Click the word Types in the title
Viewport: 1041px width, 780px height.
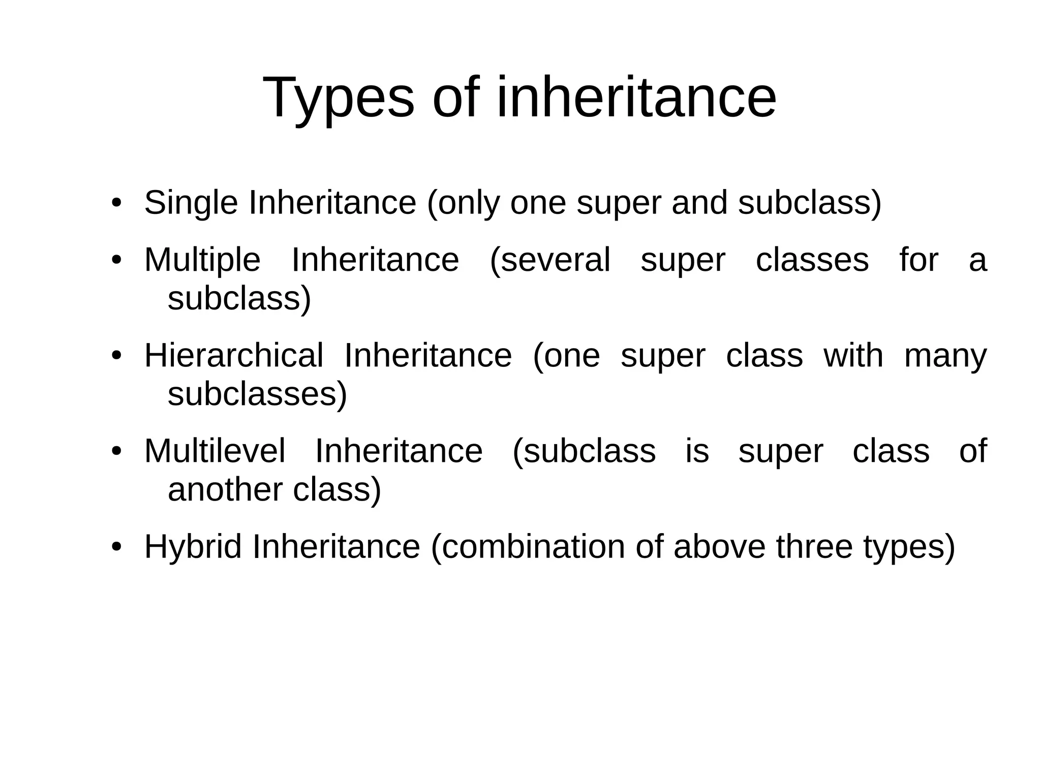pyautogui.click(x=339, y=98)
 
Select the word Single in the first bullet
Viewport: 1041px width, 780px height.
pyautogui.click(x=191, y=203)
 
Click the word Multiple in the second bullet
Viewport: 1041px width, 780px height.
pyautogui.click(x=202, y=260)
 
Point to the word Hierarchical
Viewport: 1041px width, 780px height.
pyautogui.click(x=234, y=355)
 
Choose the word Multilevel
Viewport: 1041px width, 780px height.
pyautogui.click(x=215, y=451)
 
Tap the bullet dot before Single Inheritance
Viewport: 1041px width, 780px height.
pyautogui.click(x=116, y=203)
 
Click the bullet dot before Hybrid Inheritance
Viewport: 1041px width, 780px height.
pyautogui.click(x=116, y=547)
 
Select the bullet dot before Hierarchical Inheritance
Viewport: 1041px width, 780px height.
pyautogui.click(x=116, y=355)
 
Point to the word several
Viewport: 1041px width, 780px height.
pyautogui.click(x=550, y=260)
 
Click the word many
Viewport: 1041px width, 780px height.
pyautogui.click(x=945, y=355)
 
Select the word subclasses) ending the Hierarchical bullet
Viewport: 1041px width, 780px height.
pyautogui.click(x=257, y=394)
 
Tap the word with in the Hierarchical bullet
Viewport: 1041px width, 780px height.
pyautogui.click(x=853, y=355)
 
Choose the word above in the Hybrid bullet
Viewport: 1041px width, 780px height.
pyautogui.click(x=719, y=547)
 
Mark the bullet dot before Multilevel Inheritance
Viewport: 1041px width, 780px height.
pyautogui.click(x=116, y=451)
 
